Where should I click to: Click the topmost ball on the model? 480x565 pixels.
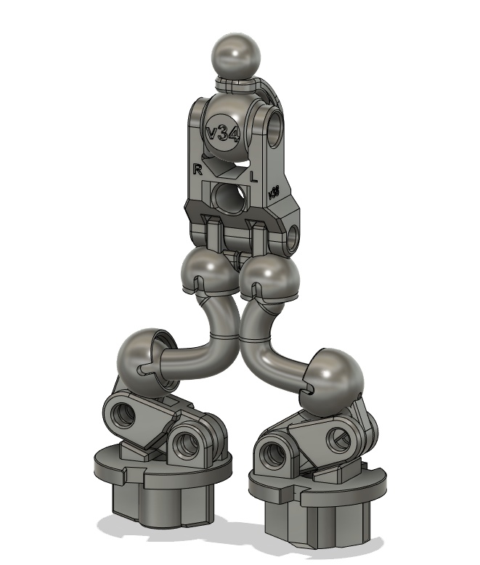pos(235,55)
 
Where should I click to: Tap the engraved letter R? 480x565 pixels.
pos(197,169)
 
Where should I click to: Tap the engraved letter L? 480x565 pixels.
pos(253,176)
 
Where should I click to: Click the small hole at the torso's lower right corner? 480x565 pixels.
pos(292,238)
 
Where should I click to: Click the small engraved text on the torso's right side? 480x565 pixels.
pos(274,192)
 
